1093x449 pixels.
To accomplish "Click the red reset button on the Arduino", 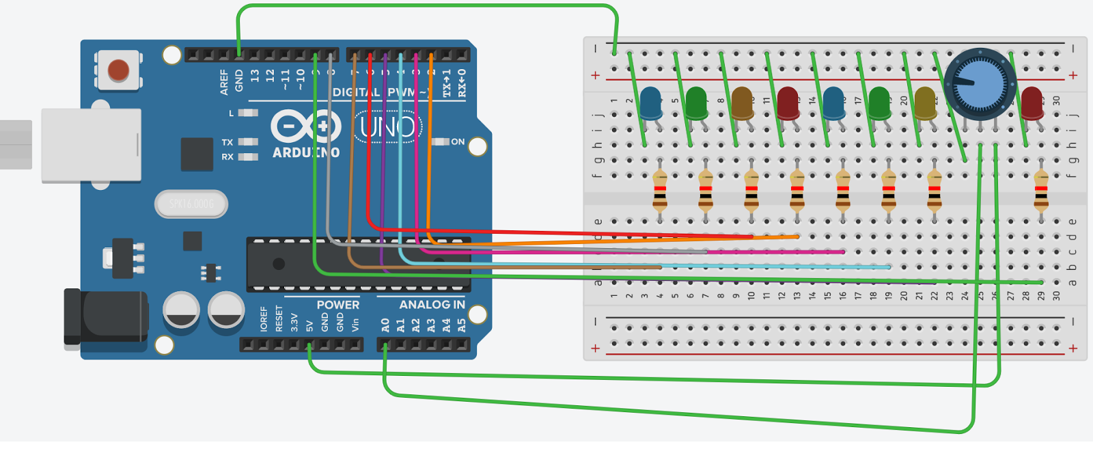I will pyautogui.click(x=118, y=70).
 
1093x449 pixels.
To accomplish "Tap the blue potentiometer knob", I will pyautogui.click(x=980, y=85).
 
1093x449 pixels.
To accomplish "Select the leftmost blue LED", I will pyautogui.click(x=650, y=103).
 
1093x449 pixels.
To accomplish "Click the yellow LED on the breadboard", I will pyautogui.click(x=925, y=103).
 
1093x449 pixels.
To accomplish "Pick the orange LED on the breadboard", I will pyautogui.click(x=742, y=103).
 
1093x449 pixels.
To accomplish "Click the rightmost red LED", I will pyautogui.click(x=1032, y=103).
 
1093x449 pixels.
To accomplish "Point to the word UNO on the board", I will pyautogui.click(x=387, y=127).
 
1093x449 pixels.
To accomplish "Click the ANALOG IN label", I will pyautogui.click(x=432, y=305).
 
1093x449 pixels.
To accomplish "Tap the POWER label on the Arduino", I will pyautogui.click(x=337, y=305).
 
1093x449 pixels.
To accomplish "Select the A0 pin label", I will pyautogui.click(x=385, y=325).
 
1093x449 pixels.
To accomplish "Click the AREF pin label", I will pyautogui.click(x=224, y=81).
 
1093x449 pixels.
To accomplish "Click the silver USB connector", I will pyautogui.click(x=91, y=146).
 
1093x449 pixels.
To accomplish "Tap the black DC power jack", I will pyautogui.click(x=106, y=317).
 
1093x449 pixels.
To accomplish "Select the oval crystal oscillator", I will pyautogui.click(x=191, y=204).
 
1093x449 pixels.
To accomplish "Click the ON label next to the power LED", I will pyautogui.click(x=458, y=142).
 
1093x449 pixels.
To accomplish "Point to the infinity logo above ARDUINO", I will pyautogui.click(x=305, y=126).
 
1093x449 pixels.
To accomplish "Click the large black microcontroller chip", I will pyautogui.click(x=359, y=264).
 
